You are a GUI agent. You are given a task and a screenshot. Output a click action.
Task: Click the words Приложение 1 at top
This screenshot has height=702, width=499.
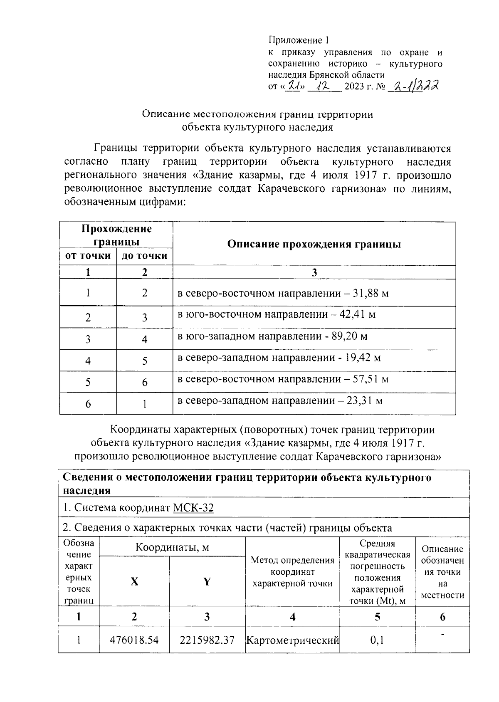coord(298,40)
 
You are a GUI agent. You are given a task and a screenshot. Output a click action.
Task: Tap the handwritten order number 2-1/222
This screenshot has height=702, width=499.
coord(413,87)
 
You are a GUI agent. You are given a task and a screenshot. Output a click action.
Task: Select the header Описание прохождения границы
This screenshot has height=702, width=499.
coord(314,244)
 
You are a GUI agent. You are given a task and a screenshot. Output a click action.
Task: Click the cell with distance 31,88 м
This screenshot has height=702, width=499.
coord(283,294)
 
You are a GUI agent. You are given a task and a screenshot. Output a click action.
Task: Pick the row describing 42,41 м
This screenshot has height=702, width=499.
coord(277,314)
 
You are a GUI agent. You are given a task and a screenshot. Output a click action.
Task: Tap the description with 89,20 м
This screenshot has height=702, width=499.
coord(272,336)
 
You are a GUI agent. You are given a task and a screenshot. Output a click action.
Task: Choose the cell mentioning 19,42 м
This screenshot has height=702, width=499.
coord(279,358)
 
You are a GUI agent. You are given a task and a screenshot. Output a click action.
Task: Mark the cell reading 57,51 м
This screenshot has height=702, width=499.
coord(283,379)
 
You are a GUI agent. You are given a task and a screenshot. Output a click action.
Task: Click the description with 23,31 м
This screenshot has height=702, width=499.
coord(280,401)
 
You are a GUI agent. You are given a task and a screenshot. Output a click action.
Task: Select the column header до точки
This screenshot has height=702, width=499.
coord(144,256)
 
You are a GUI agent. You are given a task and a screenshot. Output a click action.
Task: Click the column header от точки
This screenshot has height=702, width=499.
coord(88,256)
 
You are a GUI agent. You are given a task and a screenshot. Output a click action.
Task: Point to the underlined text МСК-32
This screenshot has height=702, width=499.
coord(193,508)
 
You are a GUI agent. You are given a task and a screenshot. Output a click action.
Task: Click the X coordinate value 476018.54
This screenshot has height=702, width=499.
coord(134,640)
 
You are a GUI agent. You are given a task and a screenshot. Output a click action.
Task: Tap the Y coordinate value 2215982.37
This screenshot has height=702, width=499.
coord(207,640)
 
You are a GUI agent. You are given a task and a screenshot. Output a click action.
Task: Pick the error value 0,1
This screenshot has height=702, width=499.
coord(377,640)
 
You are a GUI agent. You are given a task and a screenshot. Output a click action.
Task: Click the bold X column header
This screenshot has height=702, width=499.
coord(134,581)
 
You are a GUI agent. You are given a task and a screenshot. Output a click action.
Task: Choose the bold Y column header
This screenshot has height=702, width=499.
coord(207,581)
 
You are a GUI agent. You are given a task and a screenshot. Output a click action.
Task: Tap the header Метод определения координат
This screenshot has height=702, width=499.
coord(292,572)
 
